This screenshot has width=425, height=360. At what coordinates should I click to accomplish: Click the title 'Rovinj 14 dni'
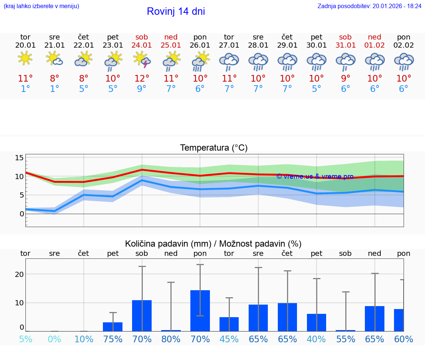176,11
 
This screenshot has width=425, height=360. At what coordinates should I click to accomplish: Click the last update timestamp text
369,6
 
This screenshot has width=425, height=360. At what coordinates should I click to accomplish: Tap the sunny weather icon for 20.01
25,59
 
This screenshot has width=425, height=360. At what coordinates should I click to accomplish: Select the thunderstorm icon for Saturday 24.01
142,59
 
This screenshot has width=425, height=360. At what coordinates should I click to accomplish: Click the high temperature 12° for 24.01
142,78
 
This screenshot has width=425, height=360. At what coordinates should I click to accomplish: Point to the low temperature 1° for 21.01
55,89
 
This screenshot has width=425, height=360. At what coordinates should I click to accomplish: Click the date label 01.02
374,45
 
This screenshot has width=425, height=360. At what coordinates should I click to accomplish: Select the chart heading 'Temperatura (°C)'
214,148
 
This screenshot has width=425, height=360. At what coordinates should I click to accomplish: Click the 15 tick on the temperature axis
19,158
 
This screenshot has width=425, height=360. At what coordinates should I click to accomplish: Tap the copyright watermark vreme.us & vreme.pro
315,176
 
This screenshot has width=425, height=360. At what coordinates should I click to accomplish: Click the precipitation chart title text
213,244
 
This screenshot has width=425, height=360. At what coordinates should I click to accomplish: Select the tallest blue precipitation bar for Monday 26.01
200,311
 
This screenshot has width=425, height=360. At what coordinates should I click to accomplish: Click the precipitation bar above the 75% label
113,327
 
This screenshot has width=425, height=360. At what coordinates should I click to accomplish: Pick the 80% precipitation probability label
171,339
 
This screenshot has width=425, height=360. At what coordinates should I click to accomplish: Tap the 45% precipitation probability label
229,339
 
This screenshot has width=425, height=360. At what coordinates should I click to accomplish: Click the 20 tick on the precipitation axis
19,274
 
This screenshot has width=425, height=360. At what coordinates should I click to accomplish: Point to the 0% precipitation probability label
55,339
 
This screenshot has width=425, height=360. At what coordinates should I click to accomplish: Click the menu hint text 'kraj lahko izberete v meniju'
41,6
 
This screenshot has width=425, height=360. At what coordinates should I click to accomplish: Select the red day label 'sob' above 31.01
345,37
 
